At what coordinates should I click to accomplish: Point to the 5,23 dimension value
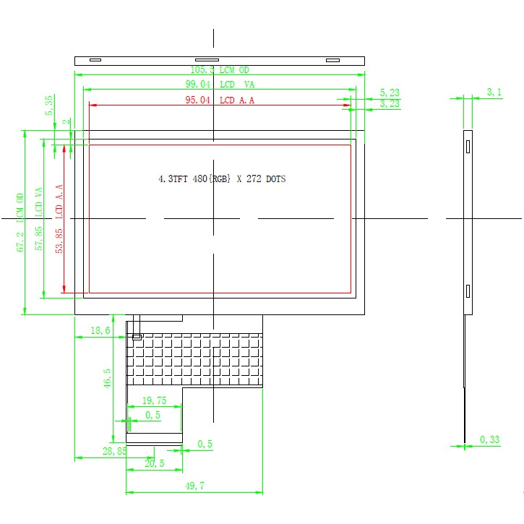pos(390,93)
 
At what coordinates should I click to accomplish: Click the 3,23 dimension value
pos(390,104)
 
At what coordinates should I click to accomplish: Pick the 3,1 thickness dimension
pos(494,92)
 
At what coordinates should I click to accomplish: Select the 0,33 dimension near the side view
pos(489,439)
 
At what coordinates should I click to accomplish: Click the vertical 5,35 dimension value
pos(48,106)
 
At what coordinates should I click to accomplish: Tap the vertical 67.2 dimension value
pos(22,236)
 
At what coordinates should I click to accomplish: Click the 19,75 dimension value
pos(154,400)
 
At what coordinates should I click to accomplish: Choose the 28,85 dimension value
pos(113,450)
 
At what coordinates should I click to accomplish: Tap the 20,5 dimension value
pos(154,463)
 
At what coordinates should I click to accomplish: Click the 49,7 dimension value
pos(194,487)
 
